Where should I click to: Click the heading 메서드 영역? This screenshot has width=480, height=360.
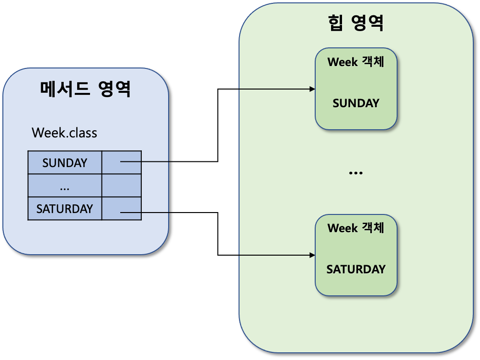click(x=85, y=89)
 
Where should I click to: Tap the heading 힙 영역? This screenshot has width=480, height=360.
click(x=355, y=23)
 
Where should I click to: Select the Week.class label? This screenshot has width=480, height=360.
click(x=64, y=132)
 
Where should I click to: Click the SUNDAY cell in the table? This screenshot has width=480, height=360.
click(x=65, y=163)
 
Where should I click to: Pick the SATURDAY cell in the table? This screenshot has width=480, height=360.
click(x=65, y=209)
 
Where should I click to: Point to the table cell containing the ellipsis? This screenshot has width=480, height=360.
click(x=65, y=186)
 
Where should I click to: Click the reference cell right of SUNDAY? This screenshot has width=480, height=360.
click(x=121, y=162)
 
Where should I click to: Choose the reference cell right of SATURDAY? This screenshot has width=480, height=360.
click(x=121, y=209)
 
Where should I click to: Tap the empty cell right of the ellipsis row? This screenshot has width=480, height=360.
click(x=121, y=186)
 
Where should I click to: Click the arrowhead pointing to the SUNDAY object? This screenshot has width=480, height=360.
click(x=312, y=89)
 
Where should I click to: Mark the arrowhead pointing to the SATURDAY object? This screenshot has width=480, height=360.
click(x=312, y=256)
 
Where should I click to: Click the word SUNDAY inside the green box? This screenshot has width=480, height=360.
click(x=356, y=103)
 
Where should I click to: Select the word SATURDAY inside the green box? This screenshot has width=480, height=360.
click(x=356, y=269)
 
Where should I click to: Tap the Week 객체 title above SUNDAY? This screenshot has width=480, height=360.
click(x=356, y=62)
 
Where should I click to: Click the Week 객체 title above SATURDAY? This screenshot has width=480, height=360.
click(x=356, y=228)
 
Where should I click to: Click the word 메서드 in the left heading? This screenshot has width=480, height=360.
click(x=65, y=89)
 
